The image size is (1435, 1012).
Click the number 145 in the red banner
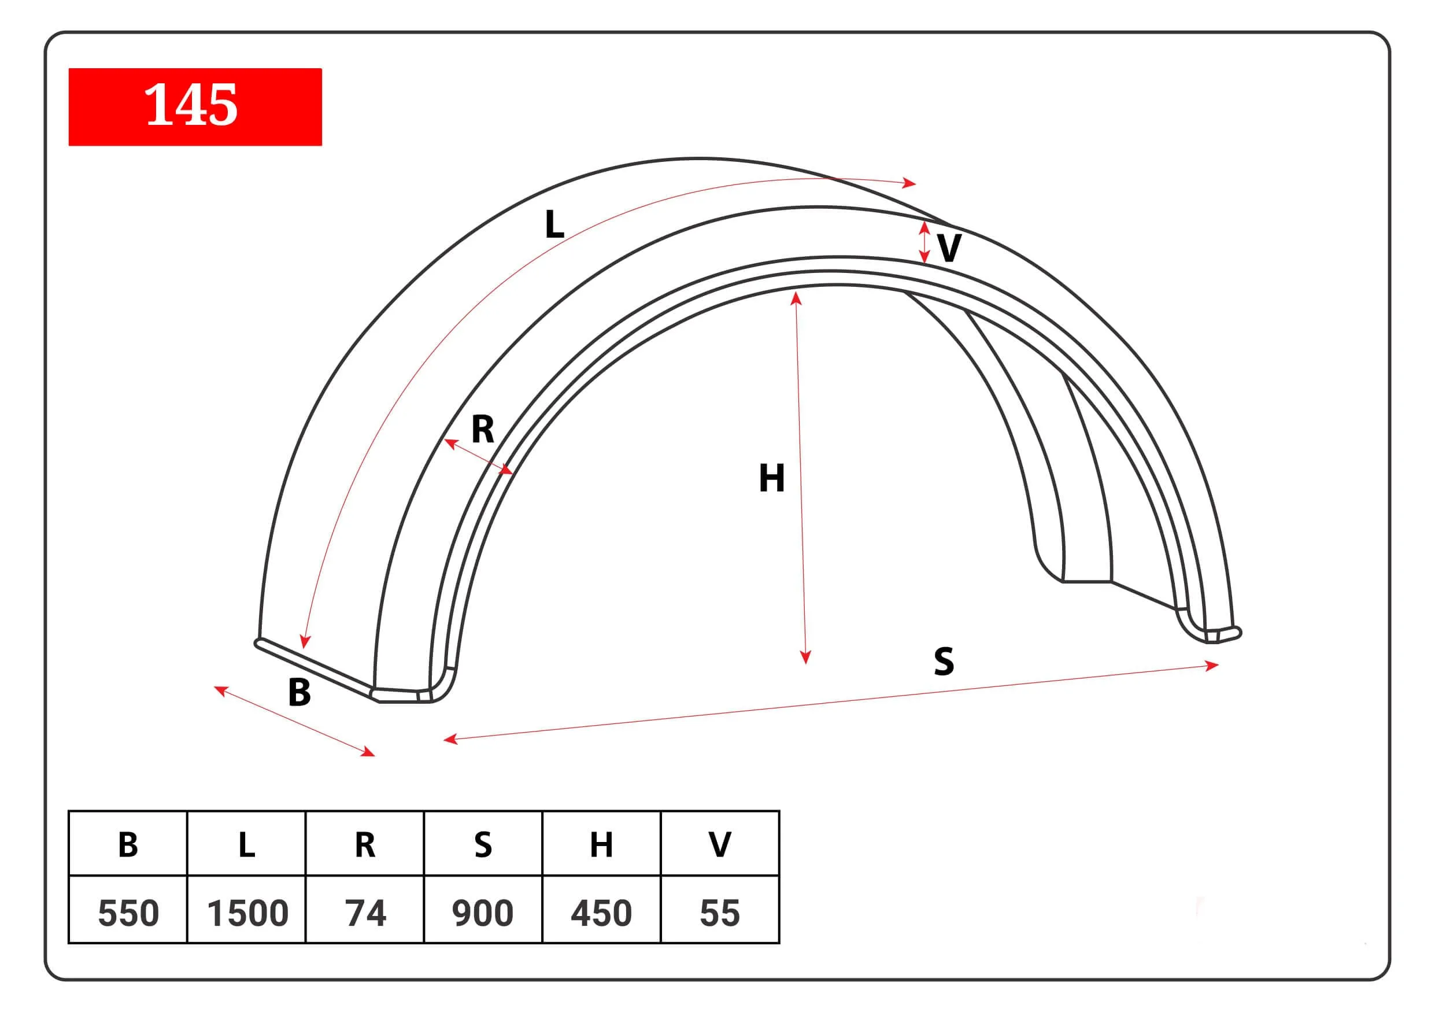191,105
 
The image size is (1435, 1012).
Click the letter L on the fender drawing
554,224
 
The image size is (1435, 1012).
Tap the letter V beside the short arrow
949,248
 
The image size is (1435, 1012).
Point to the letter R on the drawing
483,429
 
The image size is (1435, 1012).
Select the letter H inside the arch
771,478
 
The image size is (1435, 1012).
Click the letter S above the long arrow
944,662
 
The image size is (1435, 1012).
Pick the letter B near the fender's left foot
299,693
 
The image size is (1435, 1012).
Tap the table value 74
365,913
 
